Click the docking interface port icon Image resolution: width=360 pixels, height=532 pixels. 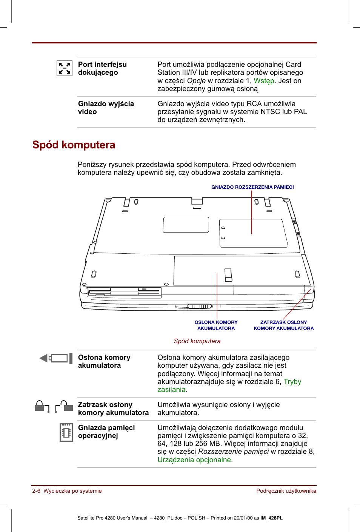click(64, 68)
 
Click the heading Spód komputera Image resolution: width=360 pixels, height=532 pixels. click(74, 145)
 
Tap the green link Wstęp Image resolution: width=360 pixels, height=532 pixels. click(264, 80)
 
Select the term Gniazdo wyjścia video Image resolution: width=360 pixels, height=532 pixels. click(106, 108)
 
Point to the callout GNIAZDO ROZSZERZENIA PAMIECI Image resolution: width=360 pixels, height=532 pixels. click(252, 187)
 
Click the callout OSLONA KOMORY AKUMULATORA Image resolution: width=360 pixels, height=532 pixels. click(216, 325)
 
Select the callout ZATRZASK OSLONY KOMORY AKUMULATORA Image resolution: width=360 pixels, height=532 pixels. click(283, 325)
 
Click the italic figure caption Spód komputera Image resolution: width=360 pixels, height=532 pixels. click(197, 341)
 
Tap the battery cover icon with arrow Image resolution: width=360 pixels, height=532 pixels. click(56, 358)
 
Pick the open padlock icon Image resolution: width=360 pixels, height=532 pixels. click(64, 406)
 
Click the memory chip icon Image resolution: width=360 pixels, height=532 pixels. click(66, 432)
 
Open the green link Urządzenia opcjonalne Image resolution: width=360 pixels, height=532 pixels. click(194, 460)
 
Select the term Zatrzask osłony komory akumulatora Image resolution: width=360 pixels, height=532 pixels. click(113, 409)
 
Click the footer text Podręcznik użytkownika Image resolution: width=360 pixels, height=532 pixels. click(286, 491)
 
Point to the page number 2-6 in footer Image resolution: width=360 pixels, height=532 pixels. click(36, 491)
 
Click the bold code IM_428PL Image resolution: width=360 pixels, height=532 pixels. click(271, 518)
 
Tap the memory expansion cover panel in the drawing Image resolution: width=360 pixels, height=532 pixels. click(252, 233)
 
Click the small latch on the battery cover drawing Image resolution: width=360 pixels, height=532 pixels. click(228, 275)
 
